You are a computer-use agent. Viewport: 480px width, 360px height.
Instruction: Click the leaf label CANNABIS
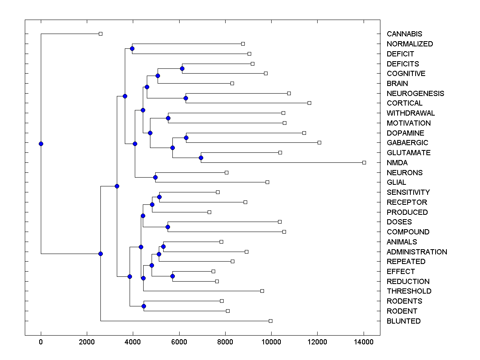coord(404,34)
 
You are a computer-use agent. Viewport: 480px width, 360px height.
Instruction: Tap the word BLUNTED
coord(404,321)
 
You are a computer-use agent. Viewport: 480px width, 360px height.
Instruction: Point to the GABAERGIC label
coord(407,143)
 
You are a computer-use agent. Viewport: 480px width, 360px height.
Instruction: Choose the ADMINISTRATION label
coord(417,252)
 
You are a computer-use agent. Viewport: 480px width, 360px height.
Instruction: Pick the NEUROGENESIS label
coord(415,94)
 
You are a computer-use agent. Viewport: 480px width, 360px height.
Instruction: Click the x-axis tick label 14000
coord(364,342)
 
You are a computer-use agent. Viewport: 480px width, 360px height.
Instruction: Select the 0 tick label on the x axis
coord(41,342)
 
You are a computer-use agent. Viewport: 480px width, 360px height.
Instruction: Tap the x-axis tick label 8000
coord(225,342)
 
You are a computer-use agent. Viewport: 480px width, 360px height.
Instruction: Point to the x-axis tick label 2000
coord(87,342)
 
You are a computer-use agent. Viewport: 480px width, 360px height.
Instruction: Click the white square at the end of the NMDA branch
coord(364,162)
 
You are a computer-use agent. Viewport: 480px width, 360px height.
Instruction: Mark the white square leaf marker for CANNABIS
coord(100,34)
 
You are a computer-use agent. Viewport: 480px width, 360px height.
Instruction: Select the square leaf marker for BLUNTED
coord(270,321)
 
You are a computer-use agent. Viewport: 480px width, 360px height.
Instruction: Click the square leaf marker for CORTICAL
coord(309,103)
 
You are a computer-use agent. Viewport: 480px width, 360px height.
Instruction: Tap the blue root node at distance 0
coord(41,144)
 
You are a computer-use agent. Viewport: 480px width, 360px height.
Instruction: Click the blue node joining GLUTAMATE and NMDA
coord(201,158)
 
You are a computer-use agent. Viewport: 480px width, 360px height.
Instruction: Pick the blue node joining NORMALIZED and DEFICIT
coord(132,48)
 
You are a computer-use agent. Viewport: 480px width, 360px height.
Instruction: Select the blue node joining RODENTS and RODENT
coord(144,306)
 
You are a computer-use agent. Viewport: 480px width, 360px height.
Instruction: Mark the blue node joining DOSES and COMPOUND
coord(168,227)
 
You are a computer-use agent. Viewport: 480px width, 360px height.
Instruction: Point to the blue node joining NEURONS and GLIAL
coord(155,177)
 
